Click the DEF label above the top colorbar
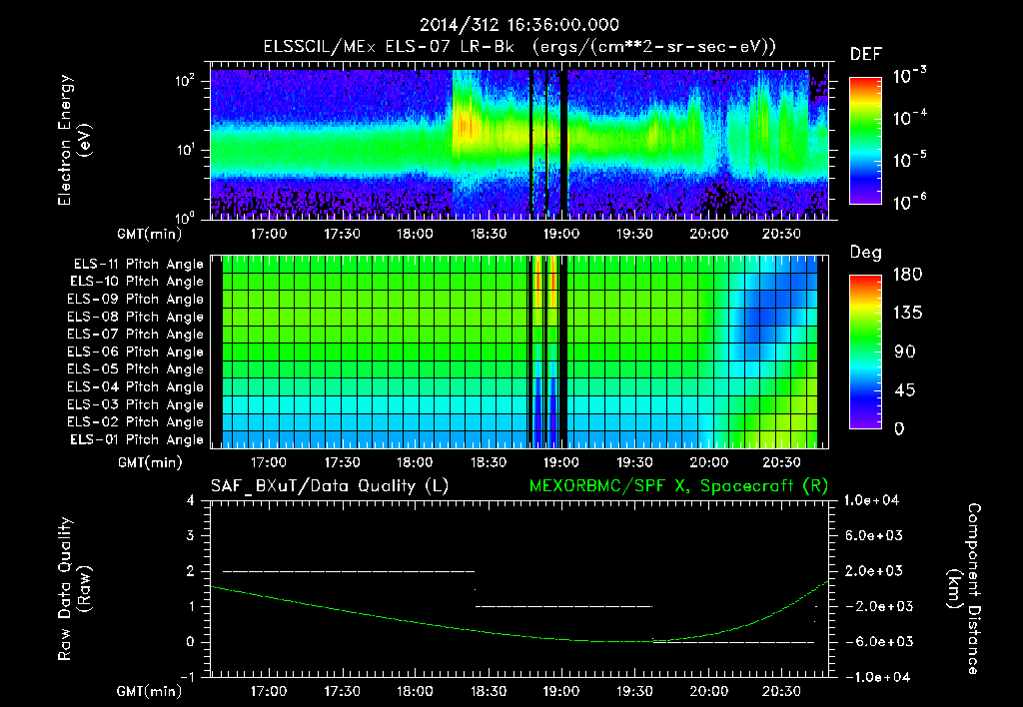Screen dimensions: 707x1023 [865, 54]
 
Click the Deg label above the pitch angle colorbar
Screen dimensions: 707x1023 [865, 253]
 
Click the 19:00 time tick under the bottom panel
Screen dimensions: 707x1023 [561, 690]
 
